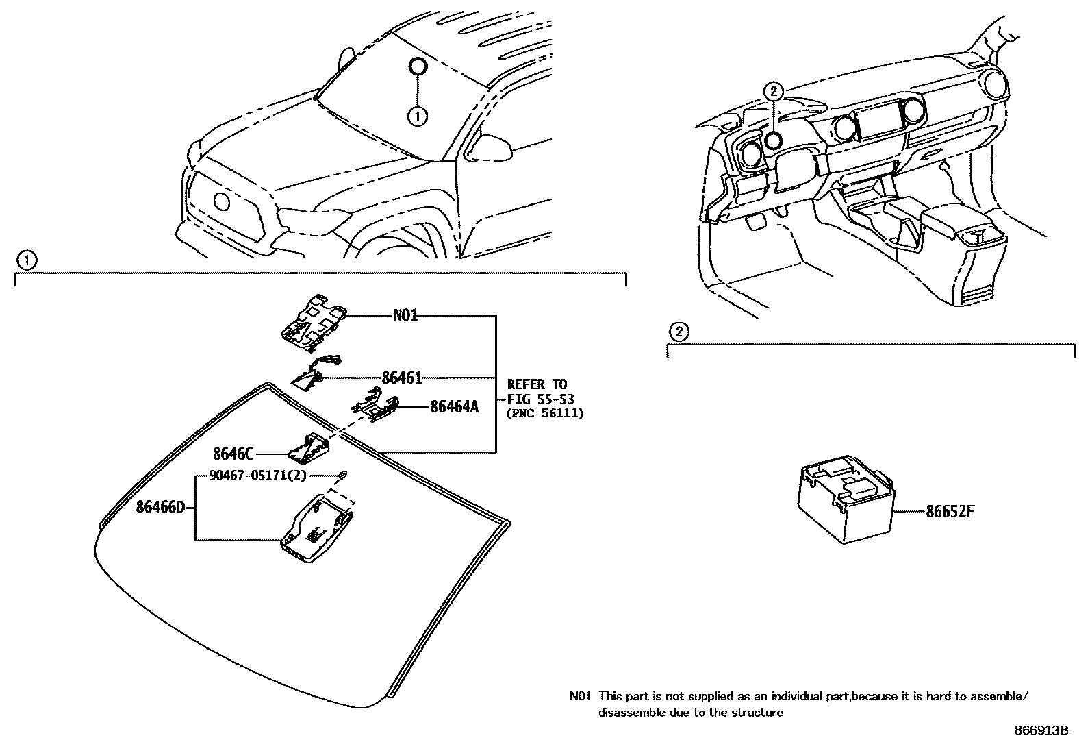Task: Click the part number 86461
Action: pyautogui.click(x=401, y=378)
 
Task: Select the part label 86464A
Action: pyautogui.click(x=454, y=407)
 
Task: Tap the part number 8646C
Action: pyautogui.click(x=233, y=454)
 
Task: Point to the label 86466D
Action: pyautogui.click(x=160, y=508)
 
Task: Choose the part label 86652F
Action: pyautogui.click(x=950, y=511)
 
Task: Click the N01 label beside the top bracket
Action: pyautogui.click(x=405, y=316)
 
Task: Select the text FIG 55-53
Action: pyautogui.click(x=540, y=399)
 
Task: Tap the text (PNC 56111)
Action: pyautogui.click(x=544, y=413)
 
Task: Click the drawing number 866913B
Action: pyautogui.click(x=1041, y=730)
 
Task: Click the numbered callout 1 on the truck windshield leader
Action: pyautogui.click(x=417, y=116)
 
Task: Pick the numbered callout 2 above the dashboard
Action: pyautogui.click(x=773, y=90)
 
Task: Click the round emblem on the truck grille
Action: pyautogui.click(x=223, y=201)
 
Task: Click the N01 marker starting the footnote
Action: pyautogui.click(x=579, y=697)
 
